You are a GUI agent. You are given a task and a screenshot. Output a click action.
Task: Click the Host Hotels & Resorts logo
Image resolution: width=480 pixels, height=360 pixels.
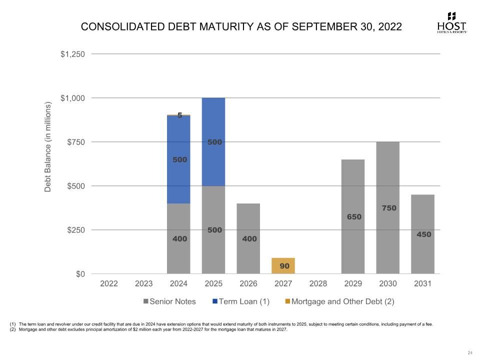(451, 23)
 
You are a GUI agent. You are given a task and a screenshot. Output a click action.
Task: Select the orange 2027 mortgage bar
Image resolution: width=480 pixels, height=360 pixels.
(283, 265)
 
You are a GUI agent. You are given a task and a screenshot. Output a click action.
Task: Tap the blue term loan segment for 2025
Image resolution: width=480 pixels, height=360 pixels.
(213, 142)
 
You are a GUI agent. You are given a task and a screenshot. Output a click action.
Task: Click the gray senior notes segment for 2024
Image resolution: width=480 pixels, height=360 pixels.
(178, 238)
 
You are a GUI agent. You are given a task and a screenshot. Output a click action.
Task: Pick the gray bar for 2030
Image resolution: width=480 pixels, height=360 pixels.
(387, 207)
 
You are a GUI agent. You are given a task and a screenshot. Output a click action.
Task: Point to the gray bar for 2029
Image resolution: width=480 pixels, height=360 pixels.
(353, 216)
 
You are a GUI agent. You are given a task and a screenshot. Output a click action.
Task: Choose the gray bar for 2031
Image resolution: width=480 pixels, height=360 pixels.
(422, 234)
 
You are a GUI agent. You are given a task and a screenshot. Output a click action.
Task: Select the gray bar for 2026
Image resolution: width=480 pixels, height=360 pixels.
(248, 238)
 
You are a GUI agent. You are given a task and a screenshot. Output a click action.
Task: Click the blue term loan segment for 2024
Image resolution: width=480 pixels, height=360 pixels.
(178, 159)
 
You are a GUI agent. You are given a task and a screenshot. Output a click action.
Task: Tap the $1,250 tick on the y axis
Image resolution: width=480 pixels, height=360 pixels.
(73, 54)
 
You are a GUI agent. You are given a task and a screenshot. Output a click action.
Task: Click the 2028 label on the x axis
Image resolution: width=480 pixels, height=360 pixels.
(318, 283)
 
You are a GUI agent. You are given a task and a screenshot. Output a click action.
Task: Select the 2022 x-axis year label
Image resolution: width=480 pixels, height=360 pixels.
(109, 283)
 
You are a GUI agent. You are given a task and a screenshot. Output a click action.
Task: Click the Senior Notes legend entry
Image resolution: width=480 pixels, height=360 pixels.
(169, 301)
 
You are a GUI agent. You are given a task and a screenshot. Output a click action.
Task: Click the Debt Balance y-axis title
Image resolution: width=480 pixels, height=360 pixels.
(48, 147)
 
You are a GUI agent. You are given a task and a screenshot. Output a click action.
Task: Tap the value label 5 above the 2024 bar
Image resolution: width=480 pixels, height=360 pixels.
(179, 115)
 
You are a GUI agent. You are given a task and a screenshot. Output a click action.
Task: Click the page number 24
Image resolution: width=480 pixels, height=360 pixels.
(469, 353)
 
